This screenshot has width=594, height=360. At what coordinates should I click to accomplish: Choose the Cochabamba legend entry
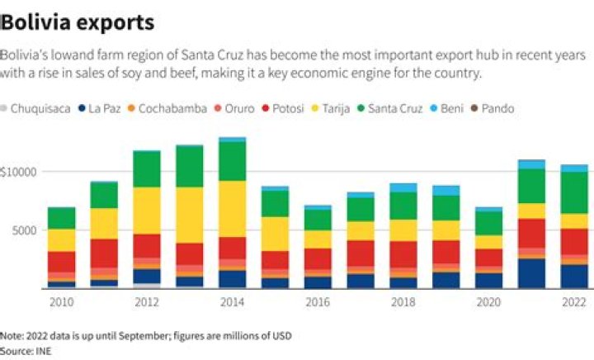(172, 108)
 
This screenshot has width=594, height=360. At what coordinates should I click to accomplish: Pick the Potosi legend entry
(288, 108)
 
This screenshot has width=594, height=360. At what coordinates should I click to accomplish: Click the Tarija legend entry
(334, 108)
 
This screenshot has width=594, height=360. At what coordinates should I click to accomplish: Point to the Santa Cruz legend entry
(394, 108)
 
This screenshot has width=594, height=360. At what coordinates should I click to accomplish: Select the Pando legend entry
(497, 108)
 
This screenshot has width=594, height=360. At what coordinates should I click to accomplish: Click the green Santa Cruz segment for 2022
(575, 192)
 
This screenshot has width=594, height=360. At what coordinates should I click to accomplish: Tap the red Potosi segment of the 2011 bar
(104, 253)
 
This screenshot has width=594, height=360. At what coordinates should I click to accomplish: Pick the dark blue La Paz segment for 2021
(532, 272)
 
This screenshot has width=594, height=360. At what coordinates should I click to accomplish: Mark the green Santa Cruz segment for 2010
(61, 218)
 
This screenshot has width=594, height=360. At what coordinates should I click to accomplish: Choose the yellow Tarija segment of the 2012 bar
(147, 211)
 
